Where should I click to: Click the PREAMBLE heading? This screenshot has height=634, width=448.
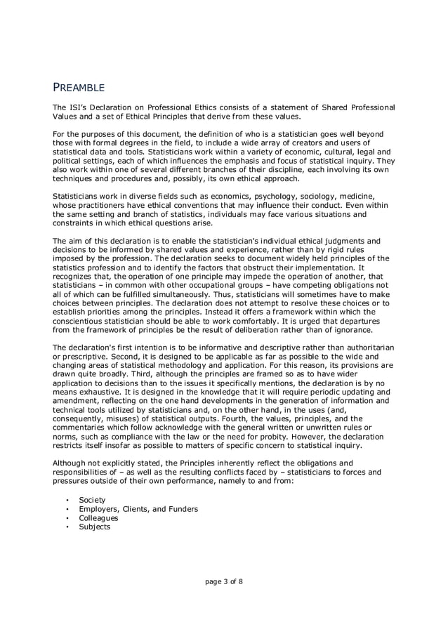(79, 88)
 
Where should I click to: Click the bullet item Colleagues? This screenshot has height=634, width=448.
(98, 517)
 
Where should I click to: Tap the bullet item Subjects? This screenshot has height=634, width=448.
(95, 527)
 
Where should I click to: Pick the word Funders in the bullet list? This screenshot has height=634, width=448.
(180, 508)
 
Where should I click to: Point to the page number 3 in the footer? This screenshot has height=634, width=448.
(226, 581)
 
